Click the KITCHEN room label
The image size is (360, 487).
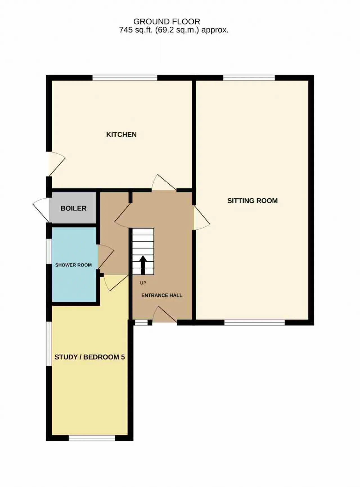coord(121,134)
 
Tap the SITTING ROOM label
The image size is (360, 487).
coord(252,201)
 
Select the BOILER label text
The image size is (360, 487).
coord(73,208)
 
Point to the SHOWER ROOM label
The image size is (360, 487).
coord(73,265)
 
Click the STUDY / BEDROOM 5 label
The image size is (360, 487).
coord(90,357)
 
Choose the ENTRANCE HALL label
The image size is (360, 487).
coord(162,295)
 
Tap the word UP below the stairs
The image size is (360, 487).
coord(143,283)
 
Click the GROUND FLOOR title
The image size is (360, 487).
coord(166,21)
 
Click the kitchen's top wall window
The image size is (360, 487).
coord(125,78)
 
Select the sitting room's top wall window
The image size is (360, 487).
coord(249,78)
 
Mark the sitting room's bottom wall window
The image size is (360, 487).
coord(255,322)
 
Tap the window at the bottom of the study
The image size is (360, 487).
coord(92,438)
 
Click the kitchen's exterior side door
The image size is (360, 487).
coord(56,164)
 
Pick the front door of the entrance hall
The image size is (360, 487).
coord(165,314)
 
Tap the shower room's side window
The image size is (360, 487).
coord(49,251)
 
